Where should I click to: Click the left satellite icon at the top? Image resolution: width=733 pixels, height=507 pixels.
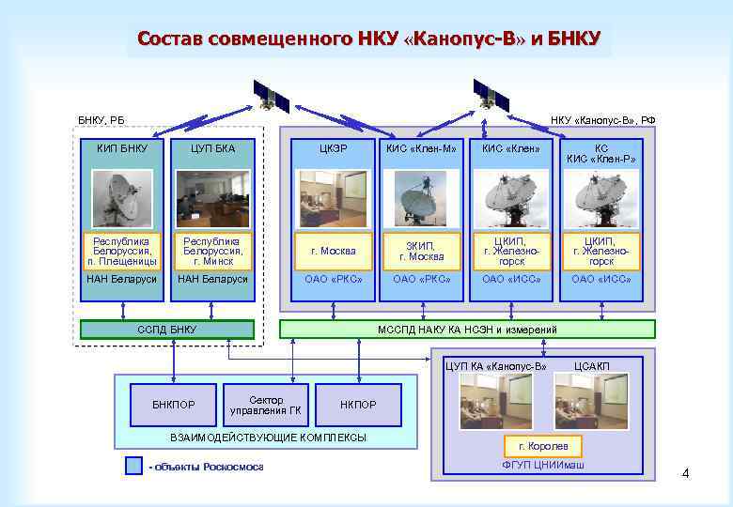(272, 95)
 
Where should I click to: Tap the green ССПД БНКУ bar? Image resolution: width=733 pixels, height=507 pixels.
(167, 330)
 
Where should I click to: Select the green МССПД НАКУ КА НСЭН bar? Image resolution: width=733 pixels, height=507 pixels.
(467, 330)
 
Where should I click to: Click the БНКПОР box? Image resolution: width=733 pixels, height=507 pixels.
(174, 405)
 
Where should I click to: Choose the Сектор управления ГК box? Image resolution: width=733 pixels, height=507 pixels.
(266, 405)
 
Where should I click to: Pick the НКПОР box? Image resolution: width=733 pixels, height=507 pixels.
(357, 405)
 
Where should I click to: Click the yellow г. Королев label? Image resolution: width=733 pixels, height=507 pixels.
(542, 446)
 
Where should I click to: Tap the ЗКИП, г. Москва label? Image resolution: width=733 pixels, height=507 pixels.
(421, 251)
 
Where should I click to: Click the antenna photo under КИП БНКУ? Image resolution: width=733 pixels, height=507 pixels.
(122, 198)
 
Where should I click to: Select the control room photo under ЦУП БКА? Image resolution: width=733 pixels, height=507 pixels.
(213, 198)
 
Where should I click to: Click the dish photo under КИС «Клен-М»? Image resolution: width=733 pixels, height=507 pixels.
(421, 198)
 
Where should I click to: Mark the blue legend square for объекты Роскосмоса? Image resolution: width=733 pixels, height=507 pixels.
(133, 467)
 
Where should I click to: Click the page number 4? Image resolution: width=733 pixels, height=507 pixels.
(685, 473)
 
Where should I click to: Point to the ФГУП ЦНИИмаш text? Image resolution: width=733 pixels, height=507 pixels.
(543, 466)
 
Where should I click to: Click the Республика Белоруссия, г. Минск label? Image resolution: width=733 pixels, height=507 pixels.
(213, 251)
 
